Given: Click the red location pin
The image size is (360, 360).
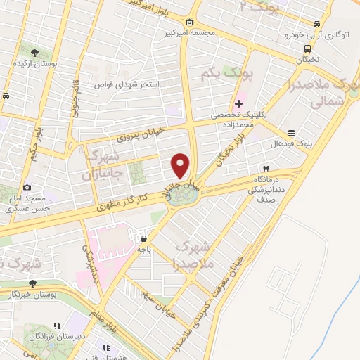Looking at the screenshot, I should [181, 165].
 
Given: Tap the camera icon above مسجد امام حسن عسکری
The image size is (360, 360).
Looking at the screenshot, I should [27, 187].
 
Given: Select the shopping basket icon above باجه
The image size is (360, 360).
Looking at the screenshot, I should [144, 238].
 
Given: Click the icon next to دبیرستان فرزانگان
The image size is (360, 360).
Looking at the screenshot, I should [57, 326].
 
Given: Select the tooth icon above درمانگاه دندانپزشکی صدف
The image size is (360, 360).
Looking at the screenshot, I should [266, 169].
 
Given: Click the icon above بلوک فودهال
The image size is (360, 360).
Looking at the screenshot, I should [291, 133].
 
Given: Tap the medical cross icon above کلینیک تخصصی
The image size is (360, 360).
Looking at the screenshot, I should [240, 103].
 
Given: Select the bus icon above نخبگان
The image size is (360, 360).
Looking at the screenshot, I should [308, 49].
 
